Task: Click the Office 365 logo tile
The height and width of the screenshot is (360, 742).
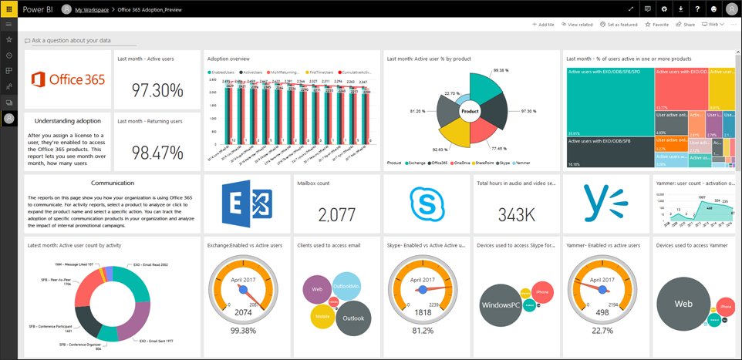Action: (69, 79)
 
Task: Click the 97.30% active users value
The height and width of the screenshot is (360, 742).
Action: (157, 90)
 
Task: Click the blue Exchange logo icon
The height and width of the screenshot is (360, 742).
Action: (246, 204)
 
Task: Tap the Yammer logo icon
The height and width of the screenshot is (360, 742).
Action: (605, 204)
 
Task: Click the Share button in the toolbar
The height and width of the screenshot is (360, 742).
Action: (685, 25)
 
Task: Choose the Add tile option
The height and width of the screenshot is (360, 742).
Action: (544, 25)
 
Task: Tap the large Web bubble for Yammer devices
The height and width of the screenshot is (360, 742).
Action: (683, 304)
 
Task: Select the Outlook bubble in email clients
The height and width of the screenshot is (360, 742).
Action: (354, 318)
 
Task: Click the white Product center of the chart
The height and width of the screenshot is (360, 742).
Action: (470, 112)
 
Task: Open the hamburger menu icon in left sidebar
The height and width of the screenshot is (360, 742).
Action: (8, 25)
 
